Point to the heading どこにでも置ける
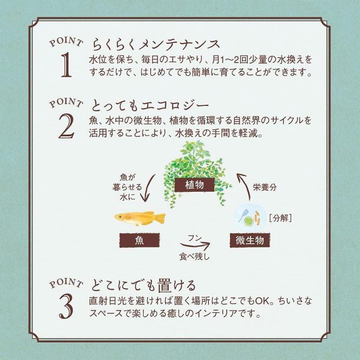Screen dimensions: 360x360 pyautogui.click(x=144, y=286)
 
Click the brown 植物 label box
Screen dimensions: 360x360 pyautogui.click(x=195, y=185)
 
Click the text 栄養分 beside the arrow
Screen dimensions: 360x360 pyautogui.click(x=265, y=186)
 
